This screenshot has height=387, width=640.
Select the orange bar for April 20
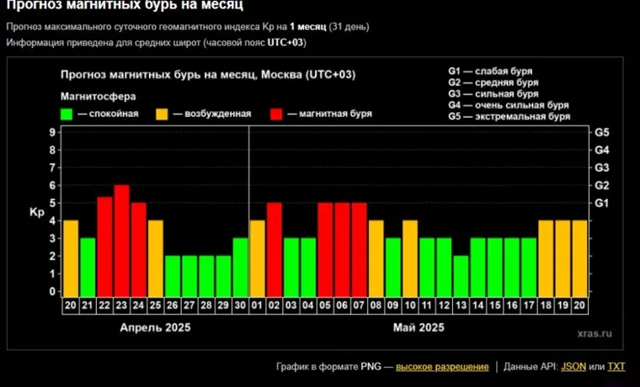(71, 257)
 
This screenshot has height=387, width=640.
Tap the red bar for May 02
(275, 249)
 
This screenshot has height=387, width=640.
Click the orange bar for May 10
(410, 257)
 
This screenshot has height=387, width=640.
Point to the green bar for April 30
(241, 267)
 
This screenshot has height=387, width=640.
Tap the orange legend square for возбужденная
(162, 114)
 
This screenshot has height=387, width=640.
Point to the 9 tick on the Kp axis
(52, 132)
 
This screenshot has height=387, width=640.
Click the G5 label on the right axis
(602, 133)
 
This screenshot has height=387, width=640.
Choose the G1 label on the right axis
(602, 203)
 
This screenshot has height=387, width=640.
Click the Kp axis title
(36, 212)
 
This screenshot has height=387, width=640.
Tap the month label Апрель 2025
(156, 327)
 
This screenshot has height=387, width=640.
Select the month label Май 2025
(419, 327)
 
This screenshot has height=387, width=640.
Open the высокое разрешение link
(442, 367)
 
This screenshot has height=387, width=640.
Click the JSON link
(573, 367)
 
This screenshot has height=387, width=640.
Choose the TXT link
(616, 367)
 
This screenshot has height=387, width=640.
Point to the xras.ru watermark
(595, 334)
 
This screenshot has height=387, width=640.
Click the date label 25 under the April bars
(156, 306)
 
